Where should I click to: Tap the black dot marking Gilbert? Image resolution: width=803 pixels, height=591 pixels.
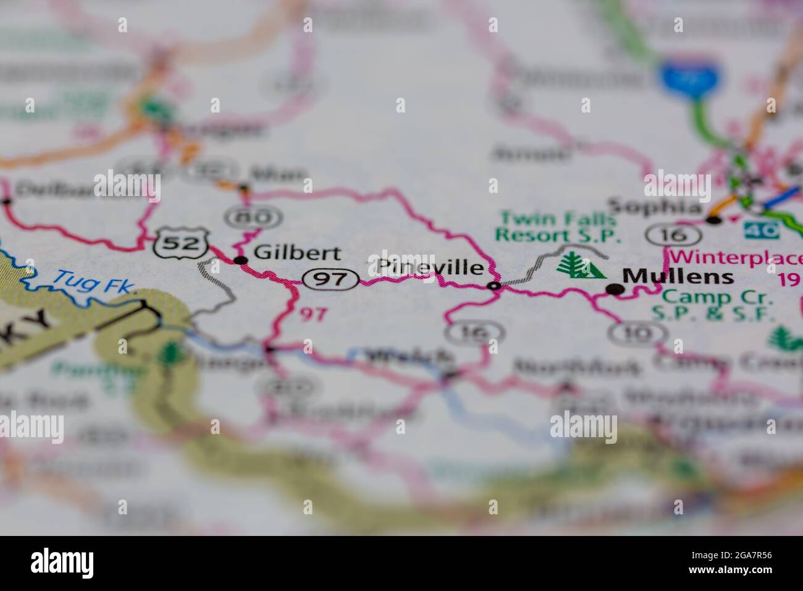pyautogui.click(x=242, y=261)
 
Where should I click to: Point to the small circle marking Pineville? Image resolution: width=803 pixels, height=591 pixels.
pyautogui.click(x=493, y=286)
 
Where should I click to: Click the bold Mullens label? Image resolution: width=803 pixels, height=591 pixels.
pyautogui.click(x=678, y=276)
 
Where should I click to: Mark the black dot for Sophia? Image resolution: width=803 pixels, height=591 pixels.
pyautogui.click(x=714, y=219)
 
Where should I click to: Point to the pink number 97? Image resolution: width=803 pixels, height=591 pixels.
pyautogui.click(x=313, y=314)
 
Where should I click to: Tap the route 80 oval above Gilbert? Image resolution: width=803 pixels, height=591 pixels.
pyautogui.click(x=254, y=217)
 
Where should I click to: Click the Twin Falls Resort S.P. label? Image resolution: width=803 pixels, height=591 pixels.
pyautogui.click(x=558, y=227)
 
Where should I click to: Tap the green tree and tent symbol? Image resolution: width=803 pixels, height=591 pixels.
pyautogui.click(x=581, y=266)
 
